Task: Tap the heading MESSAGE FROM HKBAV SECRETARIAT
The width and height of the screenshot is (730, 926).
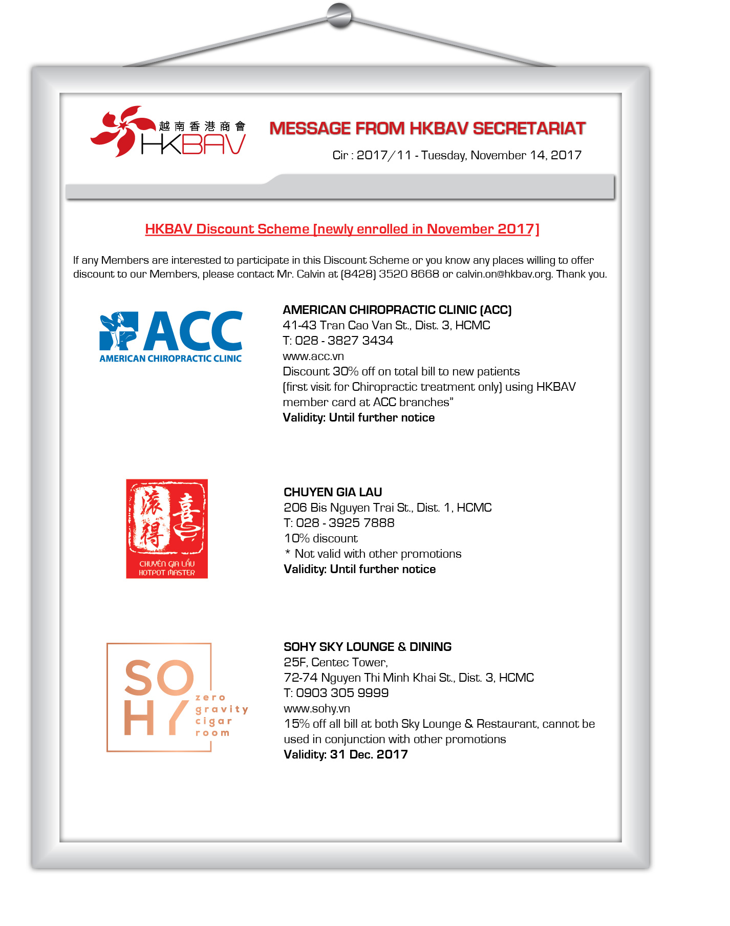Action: (427, 128)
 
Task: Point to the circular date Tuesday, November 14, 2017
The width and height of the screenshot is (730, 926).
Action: (501, 155)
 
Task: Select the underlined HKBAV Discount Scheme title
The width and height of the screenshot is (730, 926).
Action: (342, 229)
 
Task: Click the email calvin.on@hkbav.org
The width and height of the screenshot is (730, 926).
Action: (504, 274)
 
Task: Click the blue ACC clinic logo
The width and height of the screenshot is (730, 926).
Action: (170, 336)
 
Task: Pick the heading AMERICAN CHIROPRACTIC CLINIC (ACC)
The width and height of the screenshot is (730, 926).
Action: (397, 310)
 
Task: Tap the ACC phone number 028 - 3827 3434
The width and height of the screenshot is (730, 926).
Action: (344, 341)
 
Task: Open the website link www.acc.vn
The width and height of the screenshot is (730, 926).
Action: (313, 356)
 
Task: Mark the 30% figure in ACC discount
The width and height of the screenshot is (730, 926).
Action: (346, 371)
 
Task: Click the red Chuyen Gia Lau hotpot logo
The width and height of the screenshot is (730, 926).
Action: (167, 529)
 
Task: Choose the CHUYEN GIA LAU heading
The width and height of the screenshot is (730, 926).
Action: (333, 492)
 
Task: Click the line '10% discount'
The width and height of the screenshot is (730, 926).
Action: (321, 538)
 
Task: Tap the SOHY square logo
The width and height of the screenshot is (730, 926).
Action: (160, 697)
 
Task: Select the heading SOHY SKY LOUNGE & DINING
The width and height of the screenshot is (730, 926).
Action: (368, 647)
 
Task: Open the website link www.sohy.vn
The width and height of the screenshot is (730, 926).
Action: (317, 708)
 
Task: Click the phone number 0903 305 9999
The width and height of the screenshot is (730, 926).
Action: (342, 693)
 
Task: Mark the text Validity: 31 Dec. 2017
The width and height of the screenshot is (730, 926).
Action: (346, 754)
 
